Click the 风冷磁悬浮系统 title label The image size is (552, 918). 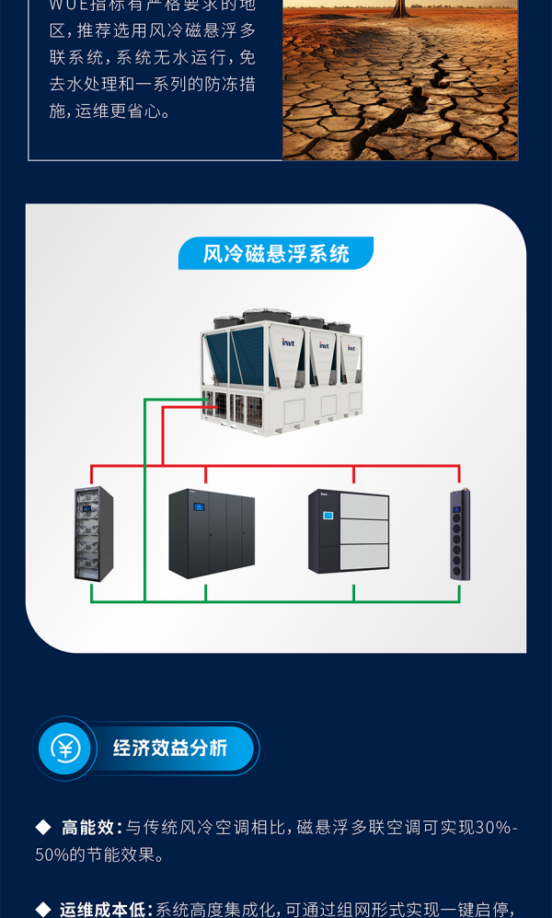(x=276, y=254)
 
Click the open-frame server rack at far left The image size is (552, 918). (x=93, y=534)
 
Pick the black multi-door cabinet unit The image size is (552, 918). (x=212, y=533)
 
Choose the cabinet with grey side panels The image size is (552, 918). (x=349, y=531)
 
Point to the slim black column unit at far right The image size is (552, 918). (x=460, y=535)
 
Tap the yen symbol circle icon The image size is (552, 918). (x=65, y=748)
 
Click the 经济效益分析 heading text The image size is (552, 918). (x=170, y=748)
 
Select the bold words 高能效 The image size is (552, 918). (x=86, y=828)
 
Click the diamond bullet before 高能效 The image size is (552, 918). (x=43, y=828)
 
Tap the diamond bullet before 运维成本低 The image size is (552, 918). (x=43, y=910)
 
